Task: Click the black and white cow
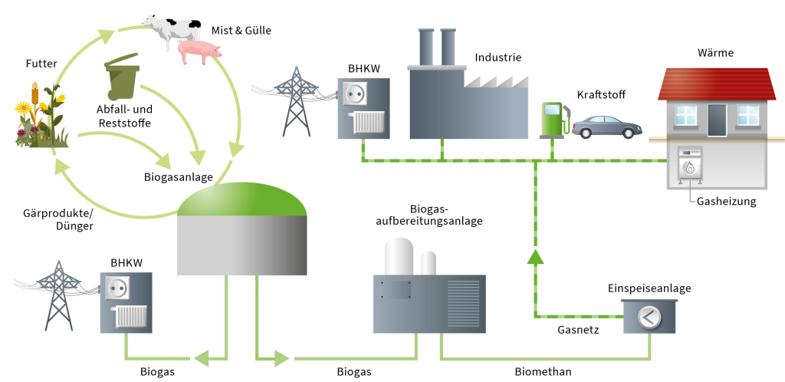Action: [x=172, y=31]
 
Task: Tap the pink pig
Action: [x=199, y=51]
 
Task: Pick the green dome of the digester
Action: [x=241, y=199]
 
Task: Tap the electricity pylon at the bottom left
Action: [x=57, y=295]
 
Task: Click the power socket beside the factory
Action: [x=353, y=94]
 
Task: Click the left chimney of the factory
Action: [x=426, y=48]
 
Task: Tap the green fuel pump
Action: [x=552, y=120]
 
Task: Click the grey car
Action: [x=607, y=127]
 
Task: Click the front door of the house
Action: [x=717, y=120]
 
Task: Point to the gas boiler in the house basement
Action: [x=690, y=165]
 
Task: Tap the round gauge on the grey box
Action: [x=649, y=317]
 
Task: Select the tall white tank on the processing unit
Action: [x=399, y=256]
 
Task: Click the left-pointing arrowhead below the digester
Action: [x=201, y=357]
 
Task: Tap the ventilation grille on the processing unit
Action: [x=463, y=303]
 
